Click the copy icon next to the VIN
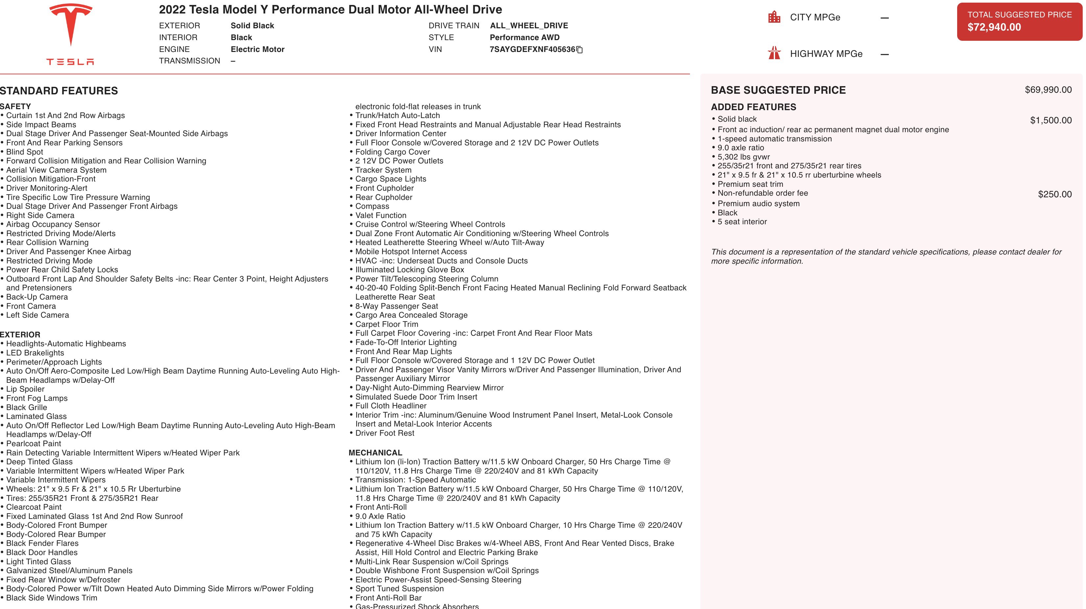point(580,50)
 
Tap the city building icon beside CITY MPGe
point(774,17)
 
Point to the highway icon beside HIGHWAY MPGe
point(774,54)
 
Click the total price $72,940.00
point(994,27)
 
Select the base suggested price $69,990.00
point(1048,90)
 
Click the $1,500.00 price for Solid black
point(1051,120)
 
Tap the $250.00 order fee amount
point(1054,194)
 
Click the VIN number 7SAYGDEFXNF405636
point(532,49)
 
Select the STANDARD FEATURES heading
point(59,91)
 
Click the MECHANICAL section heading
point(375,452)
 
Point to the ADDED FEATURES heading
point(753,107)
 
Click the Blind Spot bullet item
point(24,152)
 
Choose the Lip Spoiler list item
point(25,389)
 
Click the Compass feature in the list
point(372,206)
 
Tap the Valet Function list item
point(381,215)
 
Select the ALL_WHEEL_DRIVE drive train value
point(529,26)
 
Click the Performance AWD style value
point(525,37)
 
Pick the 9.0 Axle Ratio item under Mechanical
point(380,516)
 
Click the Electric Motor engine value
point(257,49)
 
